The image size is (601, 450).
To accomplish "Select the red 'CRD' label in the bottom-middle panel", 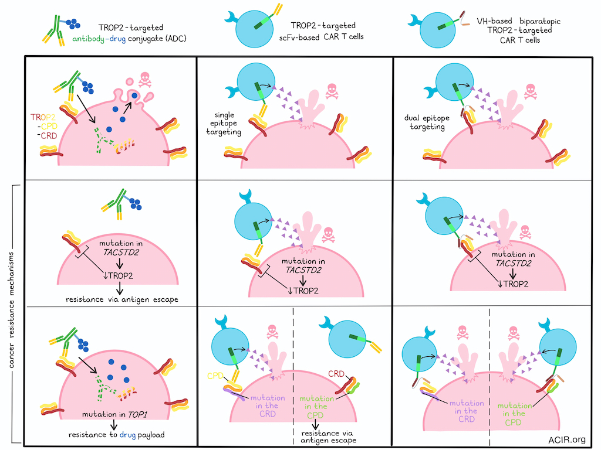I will coord(336,373).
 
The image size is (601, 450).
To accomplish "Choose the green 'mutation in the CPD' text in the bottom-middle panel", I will coord(316,404).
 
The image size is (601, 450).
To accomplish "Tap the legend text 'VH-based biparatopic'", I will coord(518,22).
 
